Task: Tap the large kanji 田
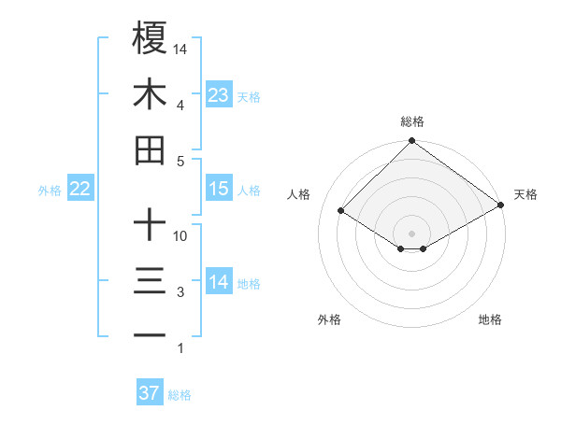[151, 150]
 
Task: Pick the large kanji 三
[151, 282]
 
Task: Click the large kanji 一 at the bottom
[151, 335]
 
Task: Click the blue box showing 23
[219, 94]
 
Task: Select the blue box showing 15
[219, 189]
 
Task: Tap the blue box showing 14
[219, 282]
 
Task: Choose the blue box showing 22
[80, 189]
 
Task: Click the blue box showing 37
[150, 393]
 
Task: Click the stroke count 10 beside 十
[180, 235]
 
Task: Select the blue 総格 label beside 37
[180, 395]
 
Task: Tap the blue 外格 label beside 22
[50, 190]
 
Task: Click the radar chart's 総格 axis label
[412, 121]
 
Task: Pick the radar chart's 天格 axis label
[525, 194]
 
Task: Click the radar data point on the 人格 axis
[341, 211]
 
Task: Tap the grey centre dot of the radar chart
[411, 233]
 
